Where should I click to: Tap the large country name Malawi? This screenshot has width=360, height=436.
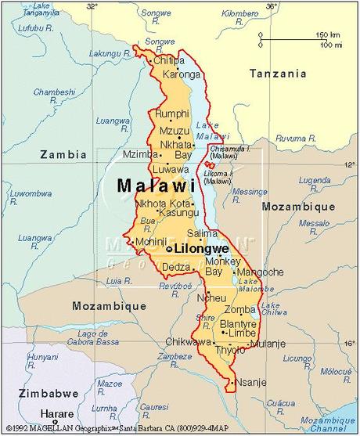tap(155, 186)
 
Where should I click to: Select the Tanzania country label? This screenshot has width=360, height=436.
tap(277, 74)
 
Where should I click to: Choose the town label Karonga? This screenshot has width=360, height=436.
tap(182, 74)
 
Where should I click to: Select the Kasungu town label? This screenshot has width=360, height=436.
tap(178, 212)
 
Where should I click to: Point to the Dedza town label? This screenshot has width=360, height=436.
tap(176, 268)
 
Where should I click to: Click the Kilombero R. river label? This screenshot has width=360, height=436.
tap(239, 14)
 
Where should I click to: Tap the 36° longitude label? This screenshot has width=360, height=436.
tap(271, 6)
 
